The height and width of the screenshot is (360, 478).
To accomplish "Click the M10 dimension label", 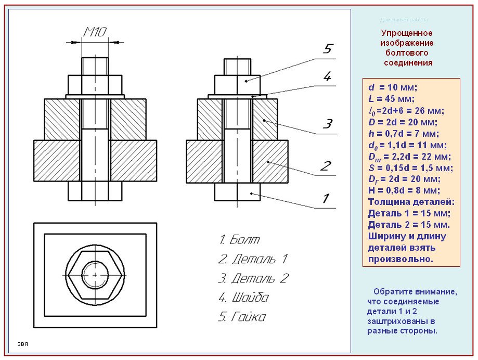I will click(x=95, y=32).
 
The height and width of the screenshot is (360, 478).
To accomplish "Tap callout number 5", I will click(x=327, y=49).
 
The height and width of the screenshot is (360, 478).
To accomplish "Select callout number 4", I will click(x=327, y=76).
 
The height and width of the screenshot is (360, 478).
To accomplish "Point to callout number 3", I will click(x=327, y=124).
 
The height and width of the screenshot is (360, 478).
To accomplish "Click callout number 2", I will click(x=325, y=166).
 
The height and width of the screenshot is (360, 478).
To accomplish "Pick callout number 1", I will click(x=326, y=198).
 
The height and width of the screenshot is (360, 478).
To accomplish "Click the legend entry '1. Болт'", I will click(x=239, y=240).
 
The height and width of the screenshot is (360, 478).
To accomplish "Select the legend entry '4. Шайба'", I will click(x=243, y=298).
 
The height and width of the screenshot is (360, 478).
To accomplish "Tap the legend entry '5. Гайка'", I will click(x=242, y=317).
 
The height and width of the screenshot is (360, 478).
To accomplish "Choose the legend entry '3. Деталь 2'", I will click(x=253, y=278).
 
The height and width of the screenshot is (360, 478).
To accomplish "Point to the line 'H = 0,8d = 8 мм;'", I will click(x=404, y=190).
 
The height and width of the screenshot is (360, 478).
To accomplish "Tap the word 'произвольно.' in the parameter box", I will click(x=400, y=259).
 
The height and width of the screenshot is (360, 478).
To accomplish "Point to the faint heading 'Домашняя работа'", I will click(x=404, y=20).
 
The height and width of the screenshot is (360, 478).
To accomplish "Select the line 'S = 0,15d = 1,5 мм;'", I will click(x=411, y=168).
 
